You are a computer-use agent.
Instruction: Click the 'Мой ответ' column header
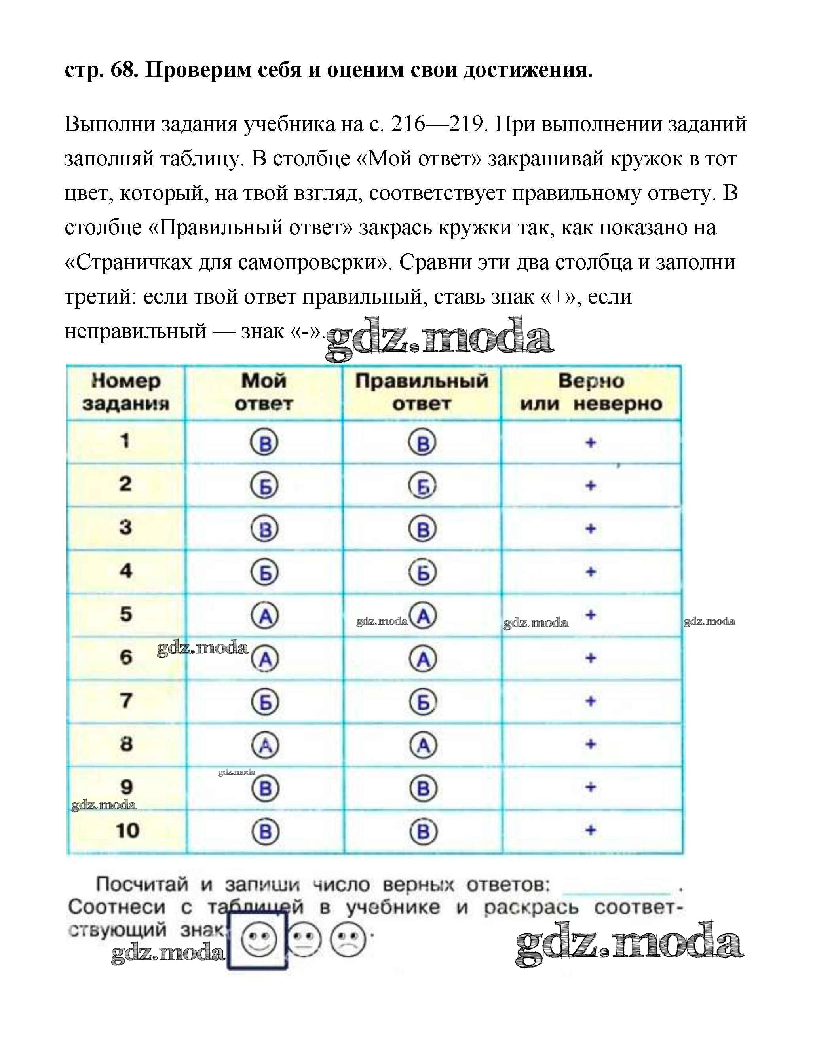pos(264,392)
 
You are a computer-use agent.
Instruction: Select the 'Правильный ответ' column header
pos(422,392)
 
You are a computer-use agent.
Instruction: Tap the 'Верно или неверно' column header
pos(591,392)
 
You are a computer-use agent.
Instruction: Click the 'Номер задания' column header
pos(126,392)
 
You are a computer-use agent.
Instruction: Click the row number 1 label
pos(125,441)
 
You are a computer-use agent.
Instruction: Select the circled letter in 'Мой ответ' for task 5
pos(265,616)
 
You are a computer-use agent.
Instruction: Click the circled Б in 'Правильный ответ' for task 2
pos(423,486)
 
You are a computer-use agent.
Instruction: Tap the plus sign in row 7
pos(591,701)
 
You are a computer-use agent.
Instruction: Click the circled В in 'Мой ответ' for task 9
pos(265,788)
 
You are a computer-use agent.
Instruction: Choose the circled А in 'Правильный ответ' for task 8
pos(423,745)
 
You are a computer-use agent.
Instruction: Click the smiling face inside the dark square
pos(259,940)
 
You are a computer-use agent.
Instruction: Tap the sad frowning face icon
pos(348,940)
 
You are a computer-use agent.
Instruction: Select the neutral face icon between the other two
pos(305,940)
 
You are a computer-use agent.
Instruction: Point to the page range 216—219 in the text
pos(436,124)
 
